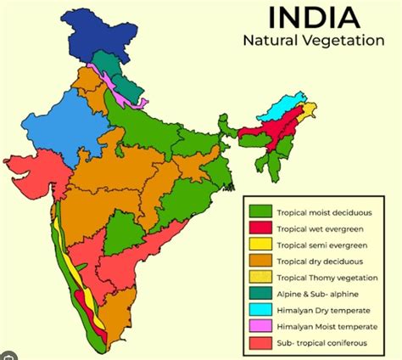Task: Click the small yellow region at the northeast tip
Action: tap(310, 110)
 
